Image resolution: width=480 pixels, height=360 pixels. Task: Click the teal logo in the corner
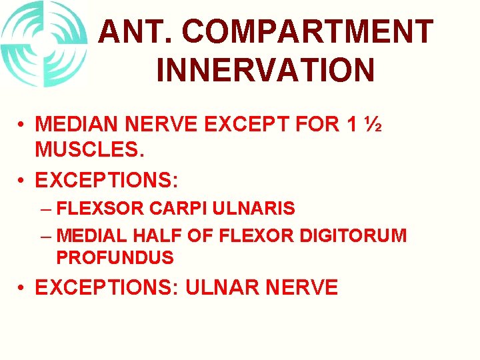44,44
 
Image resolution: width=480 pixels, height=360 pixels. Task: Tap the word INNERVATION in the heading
265,69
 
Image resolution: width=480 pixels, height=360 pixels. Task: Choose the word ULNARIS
255,209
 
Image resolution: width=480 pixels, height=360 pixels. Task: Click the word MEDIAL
93,235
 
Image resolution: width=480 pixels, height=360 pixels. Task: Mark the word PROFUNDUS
115,257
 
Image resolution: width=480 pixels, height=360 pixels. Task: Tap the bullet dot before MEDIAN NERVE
22,125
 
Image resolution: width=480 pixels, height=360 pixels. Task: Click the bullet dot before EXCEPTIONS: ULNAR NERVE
22,288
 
